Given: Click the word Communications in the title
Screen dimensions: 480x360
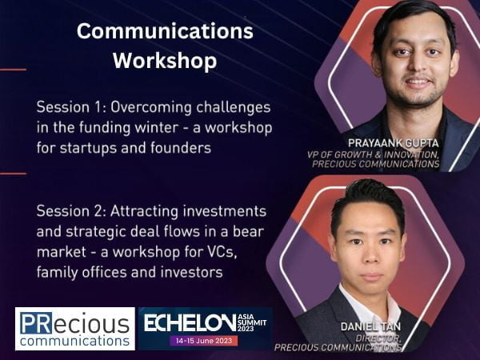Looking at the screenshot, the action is point(165,31).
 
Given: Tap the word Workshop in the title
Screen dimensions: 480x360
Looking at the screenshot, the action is point(165,61).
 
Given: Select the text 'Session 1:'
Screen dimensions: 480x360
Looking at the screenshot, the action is point(71,107).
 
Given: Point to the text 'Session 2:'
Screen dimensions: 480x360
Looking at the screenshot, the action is point(71,211).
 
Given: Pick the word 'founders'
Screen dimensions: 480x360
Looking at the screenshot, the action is point(181,148).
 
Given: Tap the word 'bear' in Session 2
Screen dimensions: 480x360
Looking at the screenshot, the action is point(248,231).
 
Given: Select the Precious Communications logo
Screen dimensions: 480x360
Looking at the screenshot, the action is point(75,329).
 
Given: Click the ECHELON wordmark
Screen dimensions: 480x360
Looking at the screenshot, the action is point(190,323).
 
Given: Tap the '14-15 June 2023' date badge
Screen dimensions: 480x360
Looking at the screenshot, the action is point(203,341).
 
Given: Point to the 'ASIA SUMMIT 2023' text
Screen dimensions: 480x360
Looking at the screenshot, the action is point(252,322).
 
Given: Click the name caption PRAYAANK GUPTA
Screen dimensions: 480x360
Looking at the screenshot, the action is point(394,143).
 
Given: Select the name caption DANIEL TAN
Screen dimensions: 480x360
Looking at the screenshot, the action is point(370,326).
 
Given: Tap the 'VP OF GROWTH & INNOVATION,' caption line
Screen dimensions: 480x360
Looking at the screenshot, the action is point(373,154).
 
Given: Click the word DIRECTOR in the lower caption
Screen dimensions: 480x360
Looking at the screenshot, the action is point(378,338).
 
